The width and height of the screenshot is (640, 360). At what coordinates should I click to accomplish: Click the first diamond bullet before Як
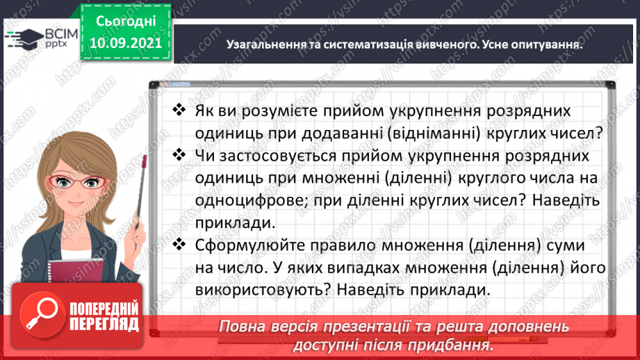[179, 111]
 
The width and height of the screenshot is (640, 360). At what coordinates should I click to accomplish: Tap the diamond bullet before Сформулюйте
[179, 245]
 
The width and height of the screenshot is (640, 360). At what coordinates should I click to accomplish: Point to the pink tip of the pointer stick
[144, 161]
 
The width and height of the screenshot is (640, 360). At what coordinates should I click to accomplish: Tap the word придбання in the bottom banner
[449, 345]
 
